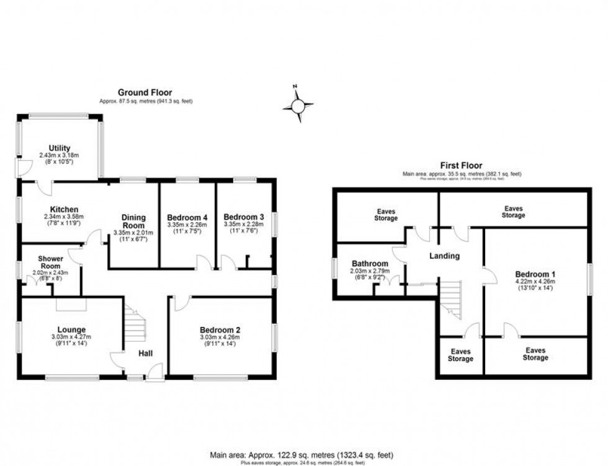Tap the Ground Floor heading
tap(145, 92)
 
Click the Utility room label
tap(60, 148)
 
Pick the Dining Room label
tap(133, 222)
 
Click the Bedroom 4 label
tap(187, 217)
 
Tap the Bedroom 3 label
tap(244, 217)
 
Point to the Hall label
tap(145, 354)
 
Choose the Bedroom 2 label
tap(220, 329)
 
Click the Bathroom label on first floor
tap(370, 263)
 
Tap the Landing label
tap(445, 256)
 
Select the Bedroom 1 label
tap(535, 274)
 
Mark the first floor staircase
tap(452, 298)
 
